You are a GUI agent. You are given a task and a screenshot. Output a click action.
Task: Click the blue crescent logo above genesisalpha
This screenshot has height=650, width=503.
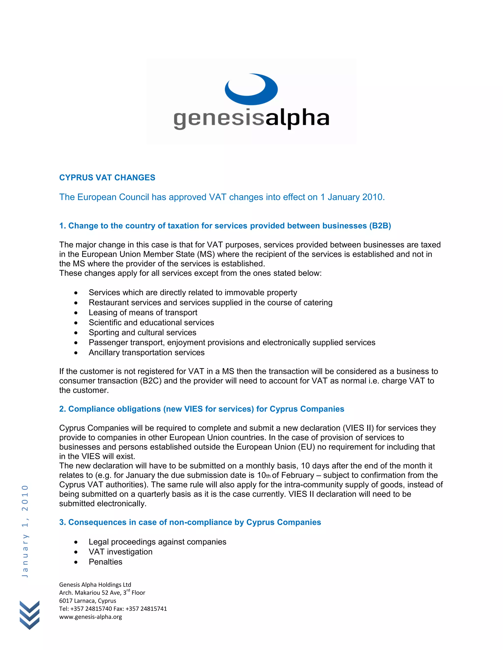coord(251,89)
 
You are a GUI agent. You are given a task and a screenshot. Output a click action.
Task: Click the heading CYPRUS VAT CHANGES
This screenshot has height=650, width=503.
coord(107,178)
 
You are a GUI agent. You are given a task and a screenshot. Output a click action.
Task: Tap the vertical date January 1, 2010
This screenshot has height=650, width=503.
coord(25,531)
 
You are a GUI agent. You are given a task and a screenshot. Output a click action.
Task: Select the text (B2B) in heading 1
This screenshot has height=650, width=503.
coord(380,226)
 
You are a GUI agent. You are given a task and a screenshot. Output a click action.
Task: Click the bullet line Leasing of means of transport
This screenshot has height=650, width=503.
coord(143,312)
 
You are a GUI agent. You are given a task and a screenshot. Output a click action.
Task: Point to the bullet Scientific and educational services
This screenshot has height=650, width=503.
coord(151,323)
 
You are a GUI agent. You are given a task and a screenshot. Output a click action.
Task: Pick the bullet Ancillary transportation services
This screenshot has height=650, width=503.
coord(146,353)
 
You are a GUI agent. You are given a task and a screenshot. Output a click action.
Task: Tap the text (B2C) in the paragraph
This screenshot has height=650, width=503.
coord(151,381)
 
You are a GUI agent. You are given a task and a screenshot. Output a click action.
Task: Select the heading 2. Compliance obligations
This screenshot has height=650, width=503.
coord(201,409)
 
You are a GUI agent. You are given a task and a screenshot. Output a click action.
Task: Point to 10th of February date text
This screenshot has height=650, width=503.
coord(285,475)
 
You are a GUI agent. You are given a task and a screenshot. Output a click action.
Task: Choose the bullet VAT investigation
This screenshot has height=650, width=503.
coord(120,552)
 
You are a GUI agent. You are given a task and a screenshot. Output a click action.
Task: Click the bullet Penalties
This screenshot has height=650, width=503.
coord(105,562)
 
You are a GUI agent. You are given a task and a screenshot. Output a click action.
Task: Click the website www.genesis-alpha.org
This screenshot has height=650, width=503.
coord(91,617)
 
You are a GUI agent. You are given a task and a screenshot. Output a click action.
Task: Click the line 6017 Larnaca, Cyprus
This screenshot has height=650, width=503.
coord(88,601)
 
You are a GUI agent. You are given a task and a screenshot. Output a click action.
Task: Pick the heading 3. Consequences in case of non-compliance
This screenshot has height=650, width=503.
coord(190,522)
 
